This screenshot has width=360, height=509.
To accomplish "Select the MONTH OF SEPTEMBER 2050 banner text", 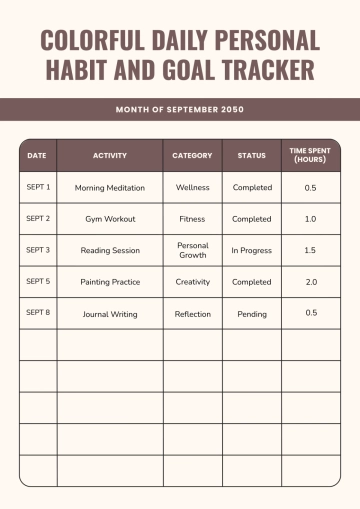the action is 180,109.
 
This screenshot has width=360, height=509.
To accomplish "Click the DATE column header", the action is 37,155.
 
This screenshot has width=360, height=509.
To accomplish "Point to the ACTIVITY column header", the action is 110,155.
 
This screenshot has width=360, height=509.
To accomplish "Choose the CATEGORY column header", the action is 192,155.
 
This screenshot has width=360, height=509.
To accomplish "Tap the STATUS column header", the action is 252,155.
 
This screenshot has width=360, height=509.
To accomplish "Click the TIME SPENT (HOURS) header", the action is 310,155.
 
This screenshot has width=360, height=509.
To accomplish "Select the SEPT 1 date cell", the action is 38,187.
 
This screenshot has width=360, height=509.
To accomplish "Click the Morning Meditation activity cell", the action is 110,187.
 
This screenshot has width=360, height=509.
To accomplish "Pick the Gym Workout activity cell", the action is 110,219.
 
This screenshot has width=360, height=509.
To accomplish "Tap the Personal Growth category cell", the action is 192,250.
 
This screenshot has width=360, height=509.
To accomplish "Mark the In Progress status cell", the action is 252,250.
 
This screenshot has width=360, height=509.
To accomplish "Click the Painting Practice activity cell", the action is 110,282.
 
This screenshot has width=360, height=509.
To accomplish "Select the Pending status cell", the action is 252,314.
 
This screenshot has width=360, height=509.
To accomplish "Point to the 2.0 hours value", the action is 311,282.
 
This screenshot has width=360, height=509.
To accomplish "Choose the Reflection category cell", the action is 192,314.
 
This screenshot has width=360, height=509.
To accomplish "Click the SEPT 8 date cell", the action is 38,313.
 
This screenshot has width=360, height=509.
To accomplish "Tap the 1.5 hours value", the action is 311,250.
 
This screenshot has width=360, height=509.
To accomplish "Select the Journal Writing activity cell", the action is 110,314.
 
